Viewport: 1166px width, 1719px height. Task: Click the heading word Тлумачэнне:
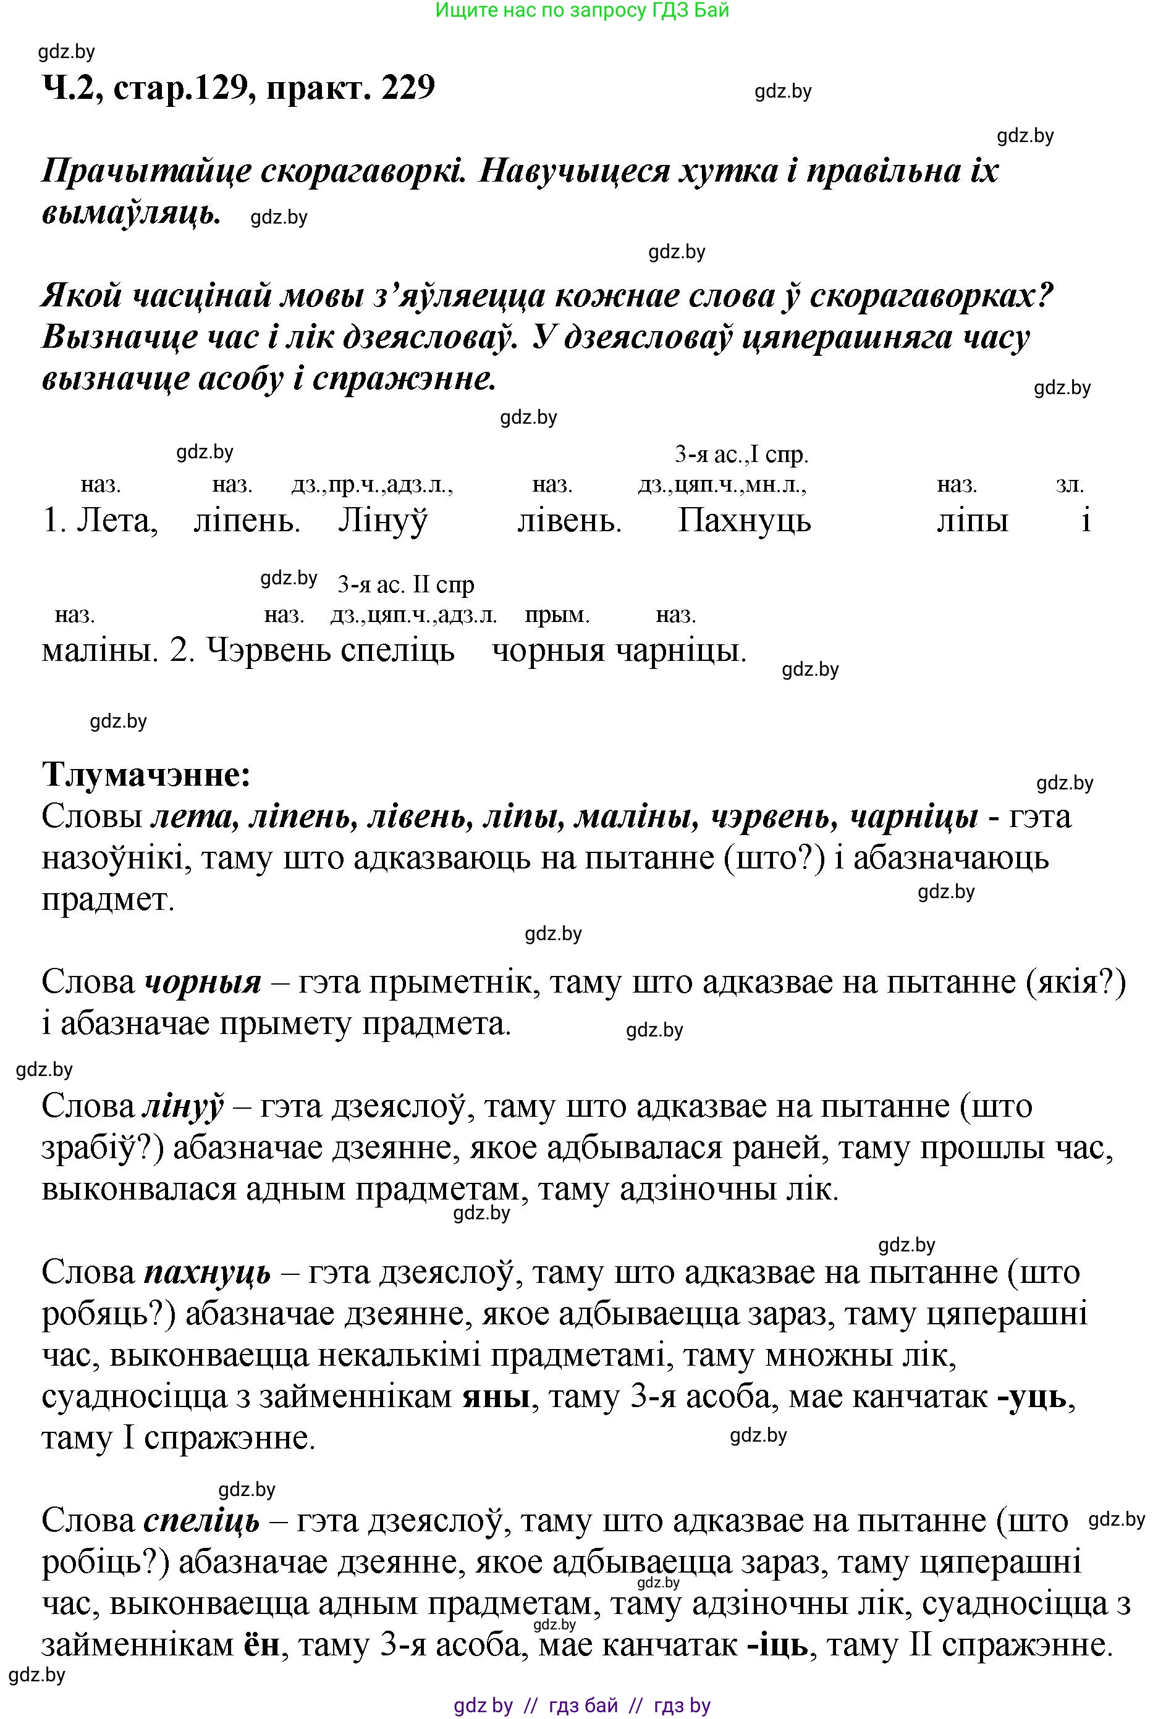tap(146, 775)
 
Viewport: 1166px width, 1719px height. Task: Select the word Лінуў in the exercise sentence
tap(382, 521)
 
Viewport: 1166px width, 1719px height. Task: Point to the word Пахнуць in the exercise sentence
tap(745, 521)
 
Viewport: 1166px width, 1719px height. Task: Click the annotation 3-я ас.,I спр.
tap(741, 454)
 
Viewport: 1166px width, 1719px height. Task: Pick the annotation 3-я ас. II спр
tap(405, 585)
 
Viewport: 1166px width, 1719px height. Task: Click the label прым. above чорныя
tap(557, 615)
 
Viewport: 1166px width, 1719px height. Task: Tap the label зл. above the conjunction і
tap(1070, 485)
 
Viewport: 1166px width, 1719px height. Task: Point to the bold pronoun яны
tap(496, 1397)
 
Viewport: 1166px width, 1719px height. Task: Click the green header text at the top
tap(582, 11)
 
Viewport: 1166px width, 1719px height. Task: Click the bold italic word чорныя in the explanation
tap(203, 982)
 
